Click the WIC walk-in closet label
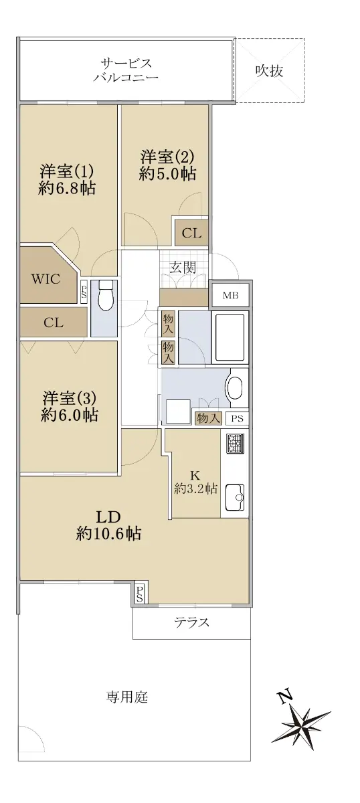tap(46, 279)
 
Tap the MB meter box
tap(231, 295)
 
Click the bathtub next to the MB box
tap(230, 337)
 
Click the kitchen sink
tap(235, 497)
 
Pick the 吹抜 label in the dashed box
tap(269, 71)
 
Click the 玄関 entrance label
tap(183, 268)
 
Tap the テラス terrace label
tap(191, 622)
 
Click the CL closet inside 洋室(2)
tap(191, 234)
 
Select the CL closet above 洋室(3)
tap(54, 323)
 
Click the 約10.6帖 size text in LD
tap(108, 534)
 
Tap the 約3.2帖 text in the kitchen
tap(195, 488)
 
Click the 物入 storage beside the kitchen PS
tap(208, 418)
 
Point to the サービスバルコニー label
tap(126, 70)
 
